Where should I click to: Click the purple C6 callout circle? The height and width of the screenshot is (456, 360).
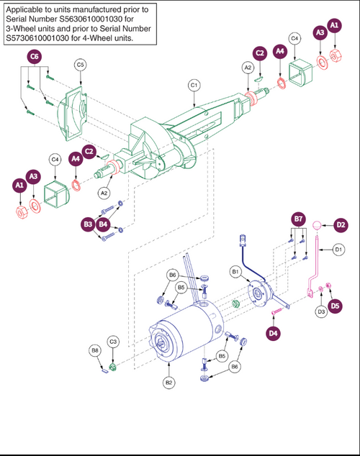[34, 56]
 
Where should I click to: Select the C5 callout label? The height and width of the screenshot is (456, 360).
[81, 65]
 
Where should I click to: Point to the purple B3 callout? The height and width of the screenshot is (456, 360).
[88, 225]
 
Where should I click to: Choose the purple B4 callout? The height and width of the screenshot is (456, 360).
[103, 225]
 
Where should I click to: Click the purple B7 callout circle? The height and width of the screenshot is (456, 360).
[298, 219]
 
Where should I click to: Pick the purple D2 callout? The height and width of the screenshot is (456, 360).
[341, 224]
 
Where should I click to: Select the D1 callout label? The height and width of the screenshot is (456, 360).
[338, 250]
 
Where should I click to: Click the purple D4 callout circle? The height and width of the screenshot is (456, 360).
[273, 333]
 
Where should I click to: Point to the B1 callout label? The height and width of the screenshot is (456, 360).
[235, 271]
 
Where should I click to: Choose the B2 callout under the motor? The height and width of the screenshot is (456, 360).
[168, 382]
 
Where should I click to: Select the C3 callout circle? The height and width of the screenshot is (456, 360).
[112, 341]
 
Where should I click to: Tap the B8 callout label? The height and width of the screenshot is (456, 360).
[95, 351]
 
